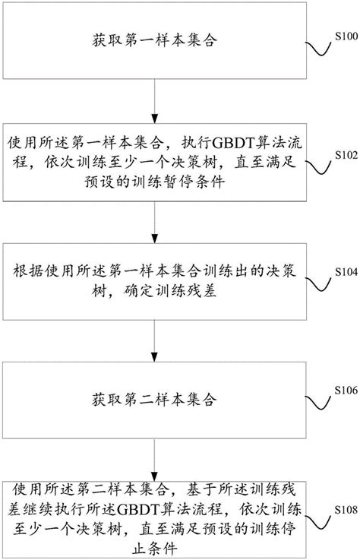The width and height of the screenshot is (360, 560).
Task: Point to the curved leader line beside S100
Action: pyautogui.click(x=319, y=49)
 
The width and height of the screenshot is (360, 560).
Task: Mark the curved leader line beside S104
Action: pyautogui.click(x=319, y=281)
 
